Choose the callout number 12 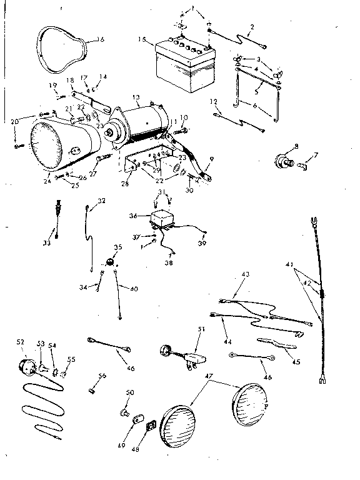point(214,101)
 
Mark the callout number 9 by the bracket point(212,161)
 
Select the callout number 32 point(101,201)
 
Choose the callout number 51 point(200,330)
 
